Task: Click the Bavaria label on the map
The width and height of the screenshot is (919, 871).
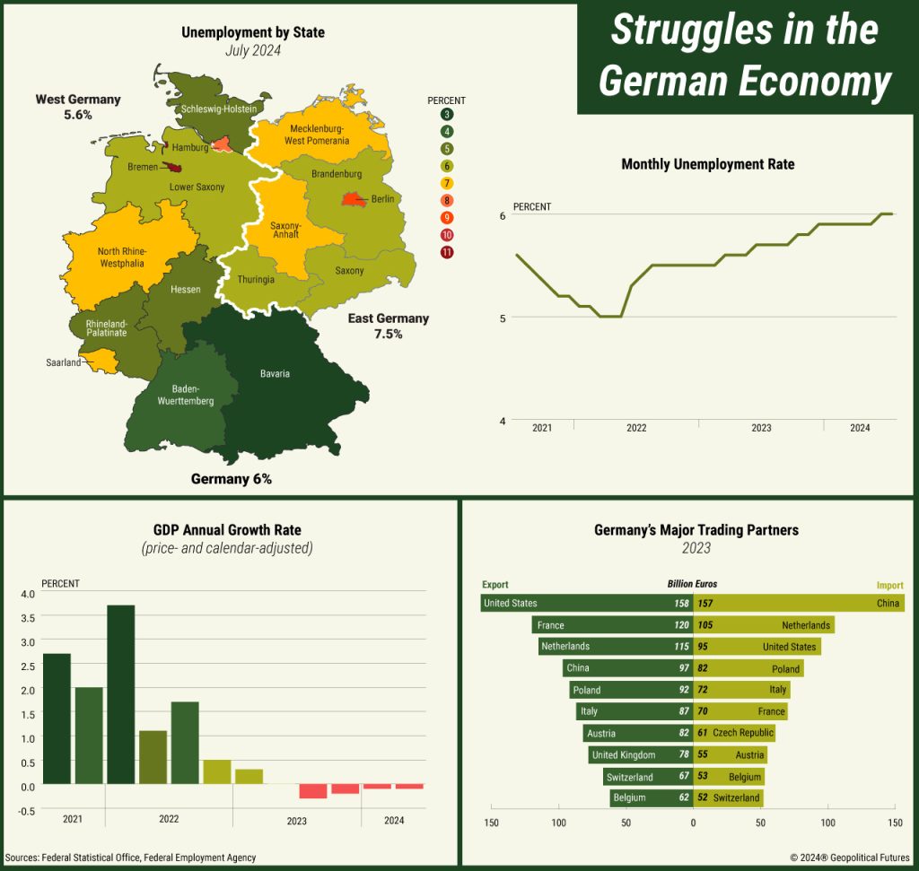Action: (x=275, y=373)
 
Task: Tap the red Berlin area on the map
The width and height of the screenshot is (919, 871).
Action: (x=350, y=200)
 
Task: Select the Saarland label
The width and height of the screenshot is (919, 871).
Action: (x=64, y=362)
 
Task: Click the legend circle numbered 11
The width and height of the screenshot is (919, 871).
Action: (x=447, y=252)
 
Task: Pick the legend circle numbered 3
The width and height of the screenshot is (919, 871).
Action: (x=447, y=114)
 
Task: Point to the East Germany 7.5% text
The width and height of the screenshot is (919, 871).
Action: (x=389, y=326)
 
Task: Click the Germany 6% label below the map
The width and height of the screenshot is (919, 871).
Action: (x=231, y=479)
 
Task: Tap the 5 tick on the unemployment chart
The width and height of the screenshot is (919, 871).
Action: (x=503, y=318)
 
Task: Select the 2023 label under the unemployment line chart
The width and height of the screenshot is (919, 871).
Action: (x=761, y=428)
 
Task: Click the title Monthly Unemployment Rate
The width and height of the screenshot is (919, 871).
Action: (x=707, y=164)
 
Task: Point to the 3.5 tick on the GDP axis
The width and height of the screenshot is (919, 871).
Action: (x=26, y=618)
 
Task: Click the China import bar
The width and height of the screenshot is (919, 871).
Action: (x=799, y=604)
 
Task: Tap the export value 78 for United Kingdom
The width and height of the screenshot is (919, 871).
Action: (x=683, y=755)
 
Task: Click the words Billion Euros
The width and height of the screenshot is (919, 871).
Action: (x=692, y=584)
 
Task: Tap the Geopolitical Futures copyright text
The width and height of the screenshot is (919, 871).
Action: (x=849, y=858)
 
